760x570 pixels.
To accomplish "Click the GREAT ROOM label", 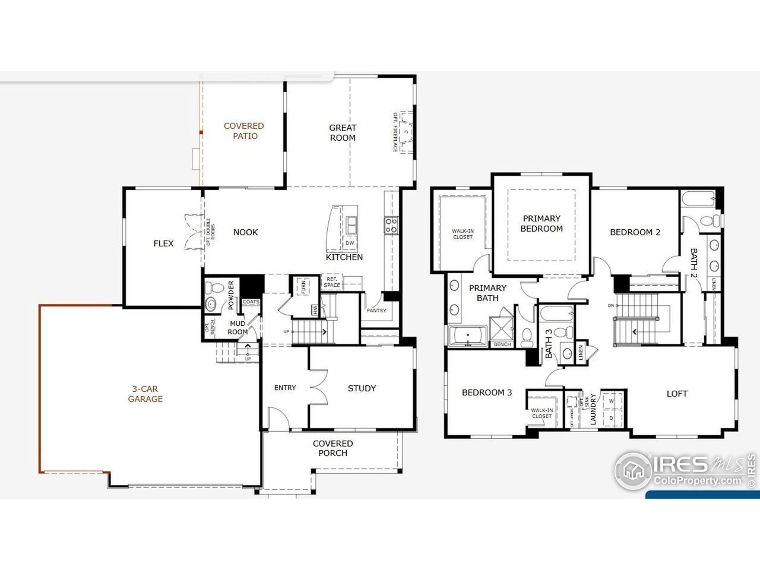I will click(x=343, y=132).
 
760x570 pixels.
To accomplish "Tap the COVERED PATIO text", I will click(x=243, y=131).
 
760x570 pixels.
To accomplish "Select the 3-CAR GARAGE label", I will click(x=145, y=394).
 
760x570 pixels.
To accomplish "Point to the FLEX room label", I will click(x=163, y=243).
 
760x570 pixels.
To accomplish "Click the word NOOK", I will click(x=245, y=232).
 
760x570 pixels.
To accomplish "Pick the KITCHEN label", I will click(x=344, y=257).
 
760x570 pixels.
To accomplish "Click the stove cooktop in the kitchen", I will click(x=391, y=225).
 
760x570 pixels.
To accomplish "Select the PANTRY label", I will click(x=376, y=311).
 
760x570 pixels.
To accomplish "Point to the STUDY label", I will click(x=362, y=388).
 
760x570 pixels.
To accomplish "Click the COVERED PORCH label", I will click(x=332, y=448).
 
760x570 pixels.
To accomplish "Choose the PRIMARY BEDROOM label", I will click(x=541, y=223).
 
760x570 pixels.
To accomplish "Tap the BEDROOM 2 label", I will click(x=635, y=232).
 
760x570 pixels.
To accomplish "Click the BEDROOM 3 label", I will click(x=487, y=392).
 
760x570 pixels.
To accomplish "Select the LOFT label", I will click(x=677, y=393).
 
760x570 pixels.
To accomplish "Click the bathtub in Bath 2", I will click(x=699, y=199).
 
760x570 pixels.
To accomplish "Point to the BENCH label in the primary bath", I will click(x=502, y=344).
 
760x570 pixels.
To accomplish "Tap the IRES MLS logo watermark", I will click(x=683, y=469).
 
